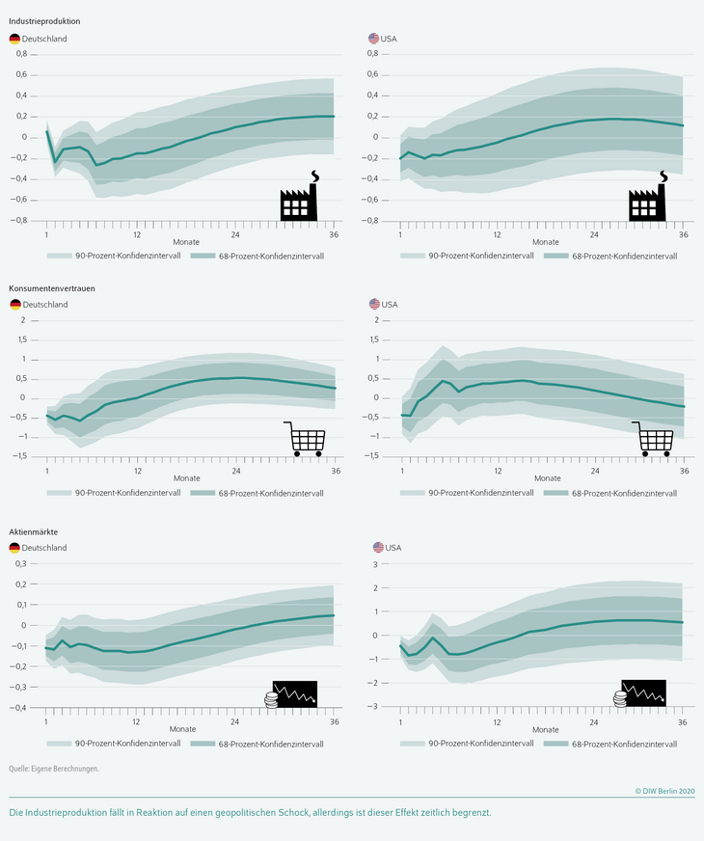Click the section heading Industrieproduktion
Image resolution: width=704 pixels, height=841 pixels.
tap(44, 20)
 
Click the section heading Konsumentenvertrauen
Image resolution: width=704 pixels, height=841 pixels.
tap(52, 287)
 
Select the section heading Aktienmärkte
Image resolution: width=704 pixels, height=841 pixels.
tap(39, 531)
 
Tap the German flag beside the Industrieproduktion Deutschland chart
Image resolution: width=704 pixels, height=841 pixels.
tap(14, 39)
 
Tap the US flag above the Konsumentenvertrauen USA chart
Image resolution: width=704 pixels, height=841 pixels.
tap(374, 305)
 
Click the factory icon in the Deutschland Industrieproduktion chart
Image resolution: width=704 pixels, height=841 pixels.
tap(301, 199)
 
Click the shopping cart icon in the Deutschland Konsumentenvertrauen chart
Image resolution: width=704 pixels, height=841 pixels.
tap(304, 439)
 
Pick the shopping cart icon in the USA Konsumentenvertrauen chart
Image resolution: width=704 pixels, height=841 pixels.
tap(653, 439)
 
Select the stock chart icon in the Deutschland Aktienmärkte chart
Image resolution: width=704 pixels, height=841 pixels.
tap(291, 694)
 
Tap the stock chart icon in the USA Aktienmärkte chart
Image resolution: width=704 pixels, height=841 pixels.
tap(642, 694)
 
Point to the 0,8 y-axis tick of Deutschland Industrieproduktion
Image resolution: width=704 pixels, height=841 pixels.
tap(20, 54)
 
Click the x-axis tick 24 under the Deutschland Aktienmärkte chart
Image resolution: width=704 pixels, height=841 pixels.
tap(235, 721)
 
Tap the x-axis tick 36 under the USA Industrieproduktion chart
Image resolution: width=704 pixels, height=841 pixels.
tap(684, 234)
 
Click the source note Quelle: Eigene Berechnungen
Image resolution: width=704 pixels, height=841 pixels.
tap(54, 769)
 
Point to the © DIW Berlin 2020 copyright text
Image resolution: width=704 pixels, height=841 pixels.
tap(664, 791)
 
